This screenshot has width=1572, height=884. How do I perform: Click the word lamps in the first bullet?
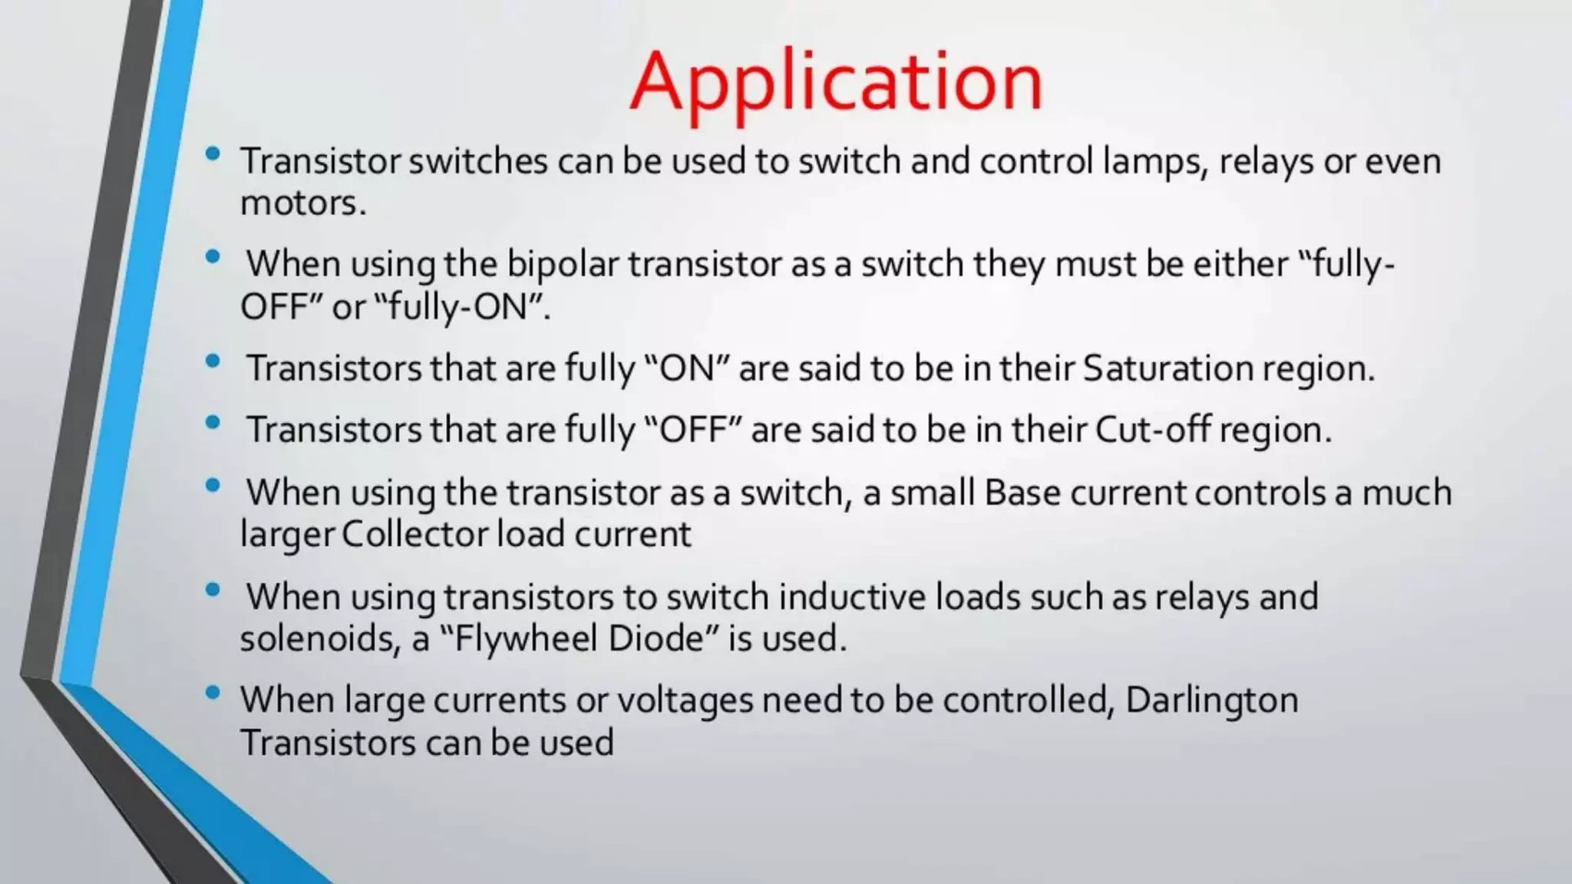pyautogui.click(x=1155, y=162)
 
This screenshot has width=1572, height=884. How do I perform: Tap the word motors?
pyautogui.click(x=302, y=203)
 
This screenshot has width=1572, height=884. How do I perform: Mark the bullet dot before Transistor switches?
pyautogui.click(x=213, y=153)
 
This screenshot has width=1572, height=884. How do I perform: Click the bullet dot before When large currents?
pyautogui.click(x=213, y=693)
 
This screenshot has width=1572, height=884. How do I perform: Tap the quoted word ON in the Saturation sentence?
pyautogui.click(x=688, y=368)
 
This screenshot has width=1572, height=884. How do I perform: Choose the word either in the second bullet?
pyautogui.click(x=1240, y=264)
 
